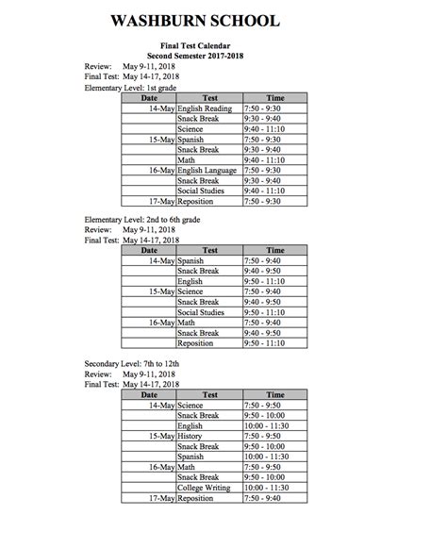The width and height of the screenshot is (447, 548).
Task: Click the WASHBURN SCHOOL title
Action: point(223,21)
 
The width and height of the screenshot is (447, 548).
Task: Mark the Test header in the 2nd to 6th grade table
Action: point(209,251)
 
